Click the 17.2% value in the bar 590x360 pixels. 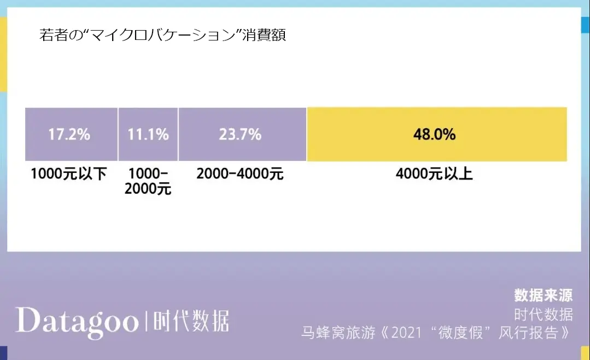click(x=69, y=134)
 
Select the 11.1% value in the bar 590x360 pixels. click(x=148, y=134)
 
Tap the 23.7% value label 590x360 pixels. click(x=240, y=134)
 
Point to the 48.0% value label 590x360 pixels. click(x=435, y=135)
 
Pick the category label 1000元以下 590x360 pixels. click(x=69, y=175)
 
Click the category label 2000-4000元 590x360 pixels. click(x=240, y=175)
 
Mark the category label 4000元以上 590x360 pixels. click(x=435, y=175)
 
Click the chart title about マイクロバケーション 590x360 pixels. click(x=163, y=36)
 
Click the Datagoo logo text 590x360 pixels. click(x=77, y=321)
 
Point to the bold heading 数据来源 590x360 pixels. click(x=544, y=295)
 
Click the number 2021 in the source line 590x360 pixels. click(x=407, y=332)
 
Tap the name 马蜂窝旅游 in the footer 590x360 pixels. click(x=333, y=332)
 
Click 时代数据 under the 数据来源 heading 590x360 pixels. click(x=544, y=314)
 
